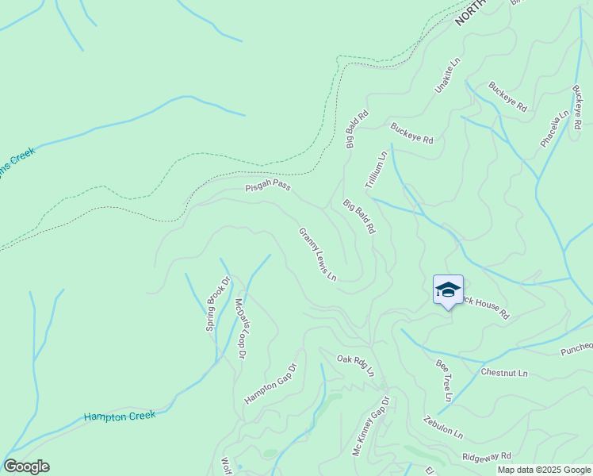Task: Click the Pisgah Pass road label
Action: (x=268, y=186)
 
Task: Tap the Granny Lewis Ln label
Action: (x=317, y=255)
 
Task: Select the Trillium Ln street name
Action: (x=375, y=168)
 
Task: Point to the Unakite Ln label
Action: (x=447, y=75)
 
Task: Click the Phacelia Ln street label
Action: (x=555, y=129)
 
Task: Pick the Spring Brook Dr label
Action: (x=217, y=303)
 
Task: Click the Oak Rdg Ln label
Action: (x=354, y=364)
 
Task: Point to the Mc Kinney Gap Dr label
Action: (x=372, y=427)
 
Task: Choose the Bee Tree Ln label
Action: (x=444, y=380)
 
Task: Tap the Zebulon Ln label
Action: (x=442, y=428)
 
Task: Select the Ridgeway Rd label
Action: (x=487, y=457)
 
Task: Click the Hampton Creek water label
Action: (x=120, y=415)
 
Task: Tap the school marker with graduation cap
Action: (x=448, y=290)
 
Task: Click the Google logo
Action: (x=26, y=466)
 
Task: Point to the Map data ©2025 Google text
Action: (x=544, y=470)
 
